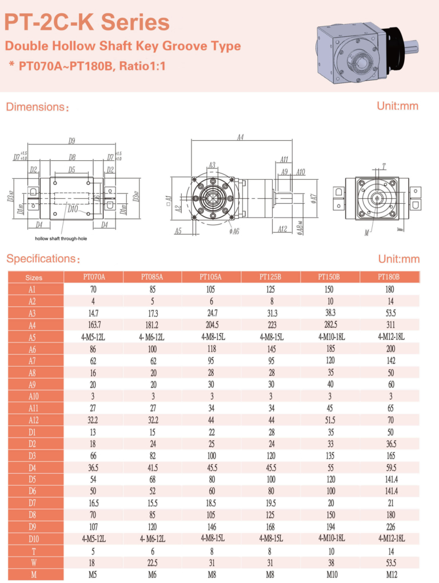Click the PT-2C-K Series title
pyautogui.click(x=87, y=22)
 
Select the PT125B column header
pyautogui.click(x=270, y=277)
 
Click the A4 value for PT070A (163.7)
pyautogui.click(x=93, y=325)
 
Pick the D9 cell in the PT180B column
pyautogui.click(x=390, y=527)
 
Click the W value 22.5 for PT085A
pyautogui.click(x=152, y=563)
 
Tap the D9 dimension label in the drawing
pyautogui.click(x=72, y=141)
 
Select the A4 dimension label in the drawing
pyautogui.click(x=241, y=138)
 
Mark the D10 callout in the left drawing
pyautogui.click(x=73, y=209)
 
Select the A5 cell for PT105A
pyautogui.click(x=211, y=337)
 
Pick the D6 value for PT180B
pyautogui.click(x=390, y=491)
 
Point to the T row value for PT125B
pyautogui.click(x=270, y=551)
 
